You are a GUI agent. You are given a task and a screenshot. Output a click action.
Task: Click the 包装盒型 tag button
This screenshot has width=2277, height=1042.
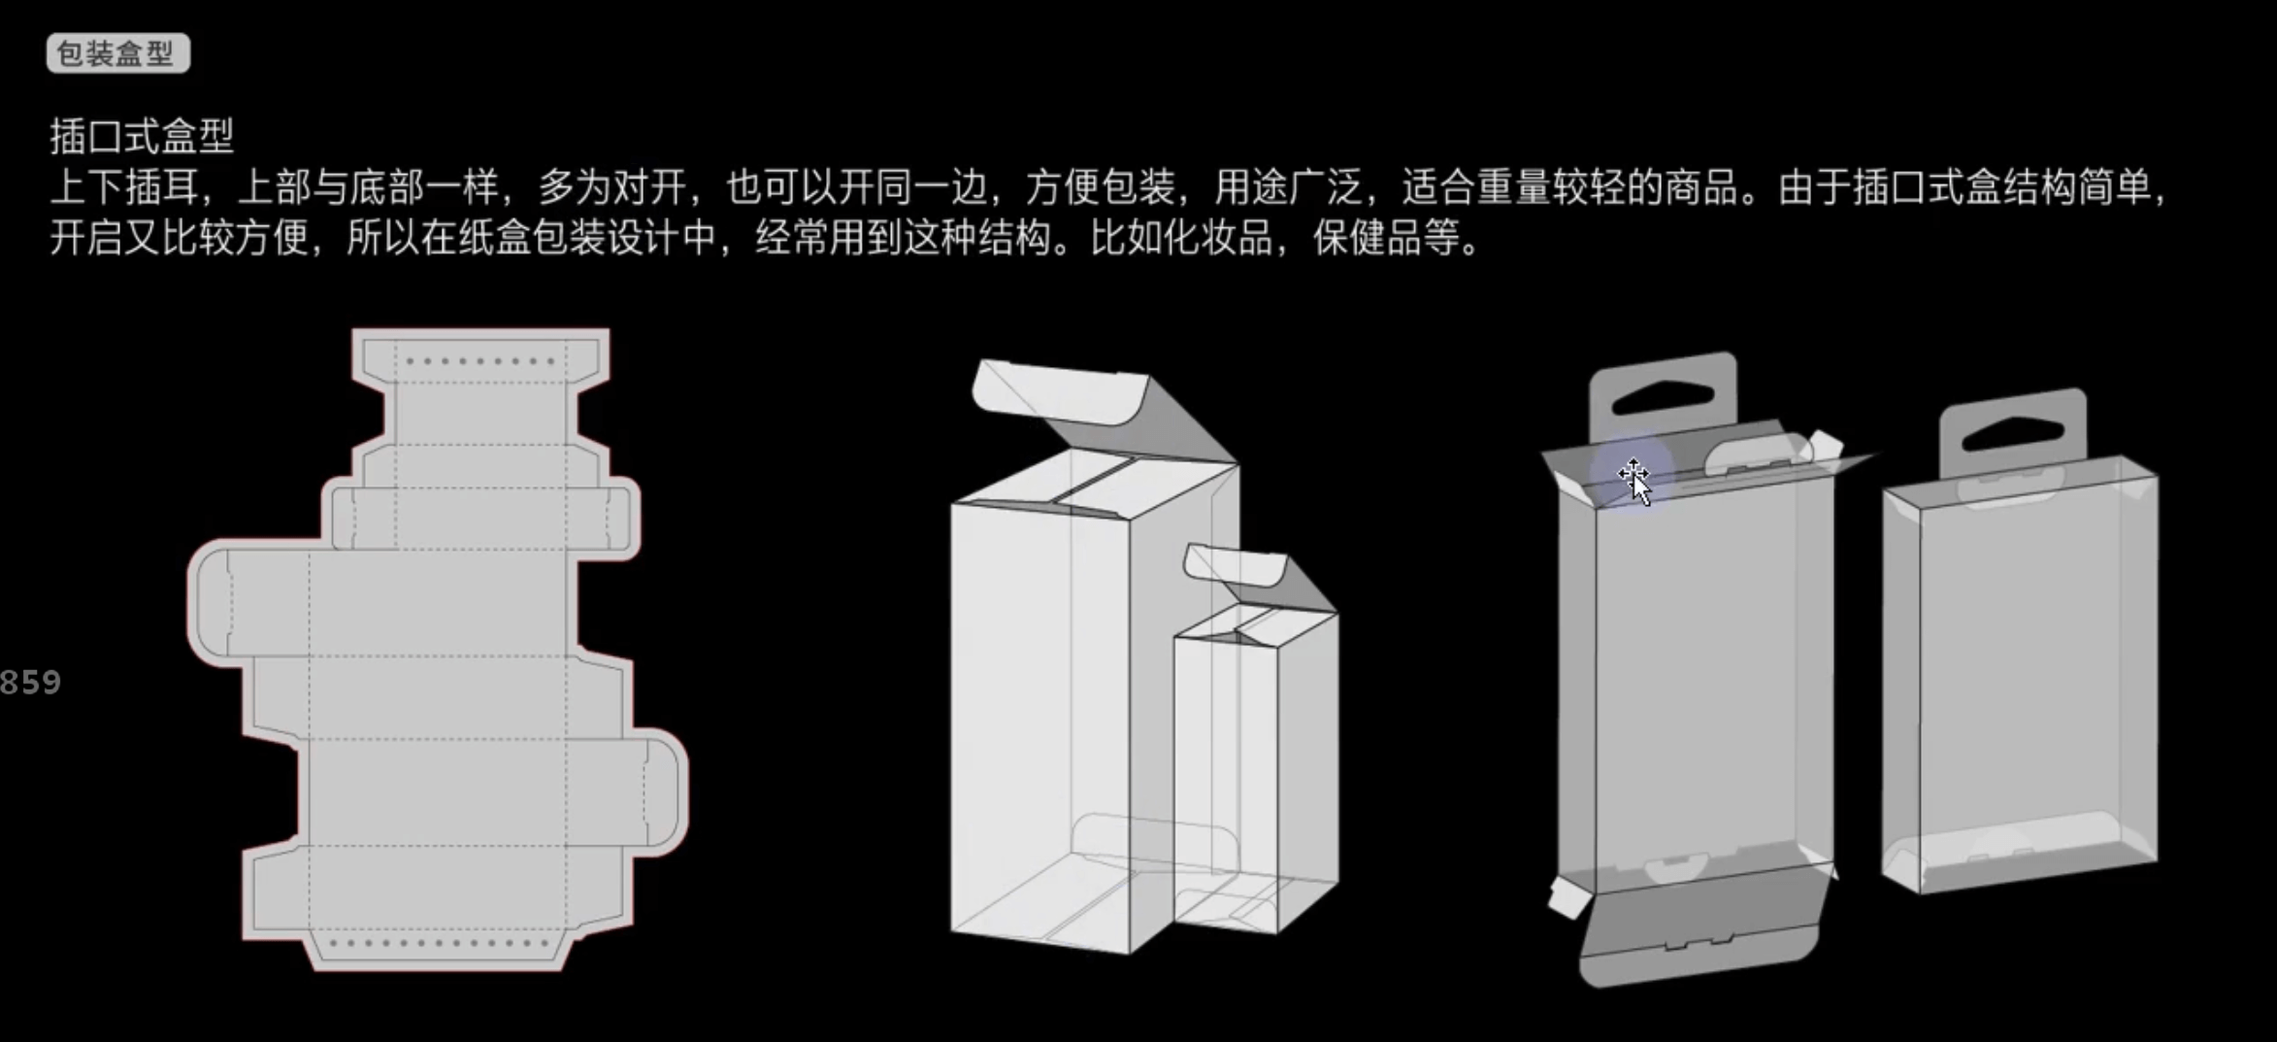pyautogui.click(x=117, y=53)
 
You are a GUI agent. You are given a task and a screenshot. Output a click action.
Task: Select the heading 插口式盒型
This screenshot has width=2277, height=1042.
pyautogui.click(x=142, y=136)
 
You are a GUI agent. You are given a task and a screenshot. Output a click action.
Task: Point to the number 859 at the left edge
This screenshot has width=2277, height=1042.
pyautogui.click(x=30, y=683)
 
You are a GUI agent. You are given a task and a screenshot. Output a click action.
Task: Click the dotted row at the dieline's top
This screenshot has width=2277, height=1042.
pyautogui.click(x=480, y=361)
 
